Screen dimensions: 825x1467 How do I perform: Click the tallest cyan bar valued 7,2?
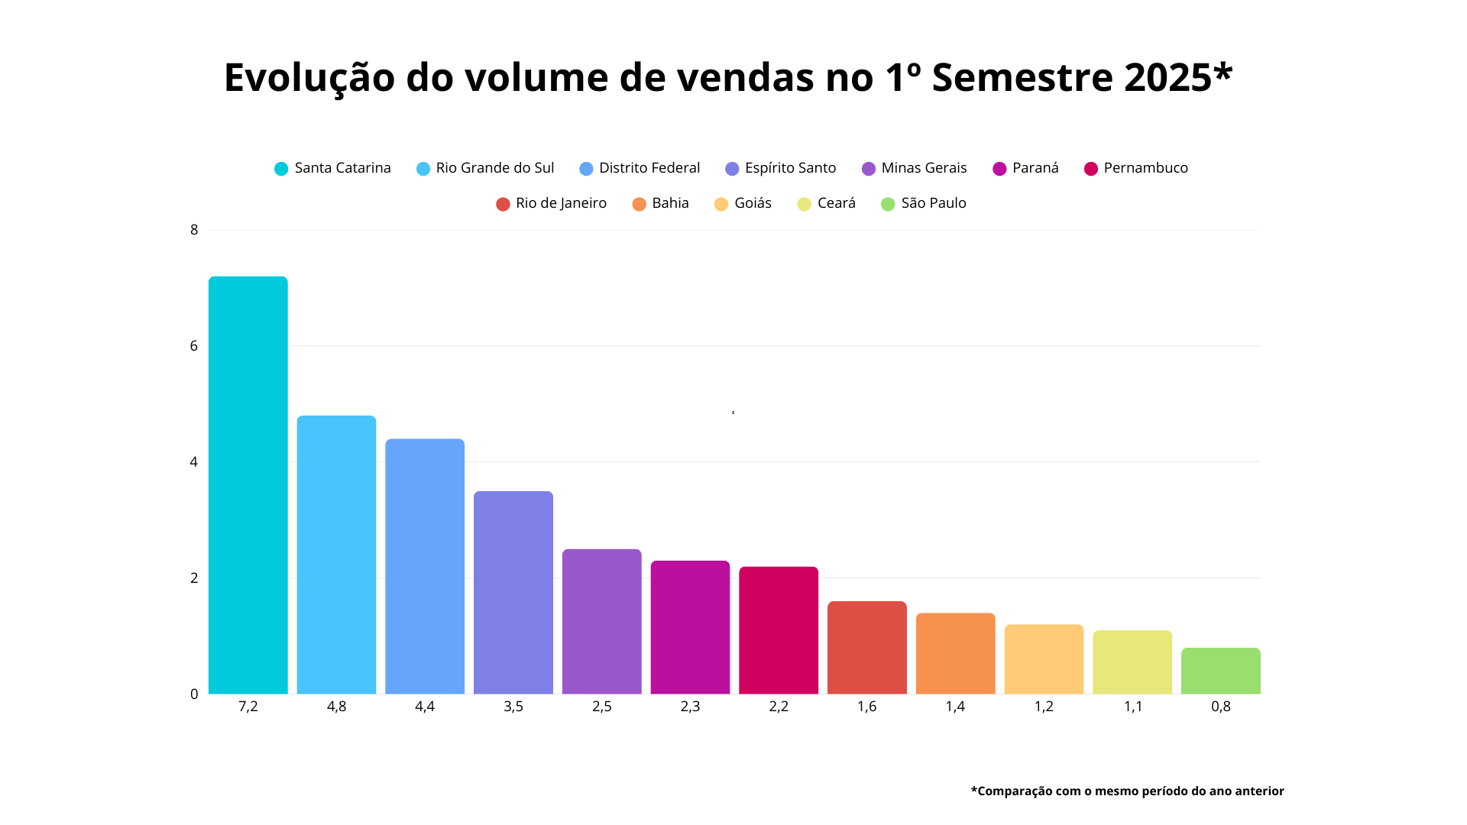tap(248, 485)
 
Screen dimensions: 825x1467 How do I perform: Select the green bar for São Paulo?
tap(1220, 671)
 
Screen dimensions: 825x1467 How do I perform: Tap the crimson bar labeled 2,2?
tap(778, 630)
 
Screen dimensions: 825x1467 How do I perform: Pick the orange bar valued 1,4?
tap(955, 653)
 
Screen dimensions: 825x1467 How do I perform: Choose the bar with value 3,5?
tap(513, 592)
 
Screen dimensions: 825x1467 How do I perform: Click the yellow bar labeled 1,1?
tap(1132, 662)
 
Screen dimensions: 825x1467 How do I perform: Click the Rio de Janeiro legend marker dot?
tap(503, 204)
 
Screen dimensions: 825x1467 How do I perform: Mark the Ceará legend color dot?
tap(804, 204)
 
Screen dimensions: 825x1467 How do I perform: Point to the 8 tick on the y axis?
tap(194, 230)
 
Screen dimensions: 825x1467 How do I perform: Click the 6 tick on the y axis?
tap(194, 346)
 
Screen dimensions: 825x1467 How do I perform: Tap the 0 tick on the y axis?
tap(194, 694)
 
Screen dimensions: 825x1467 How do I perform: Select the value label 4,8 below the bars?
tap(336, 707)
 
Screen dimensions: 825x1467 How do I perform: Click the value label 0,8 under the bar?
tap(1220, 707)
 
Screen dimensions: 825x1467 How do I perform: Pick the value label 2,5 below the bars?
tap(601, 707)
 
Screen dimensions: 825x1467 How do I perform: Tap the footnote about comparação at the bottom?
tap(1127, 791)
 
